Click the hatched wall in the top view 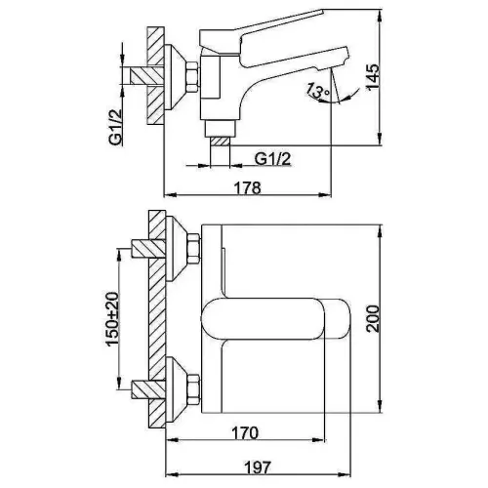156,322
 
